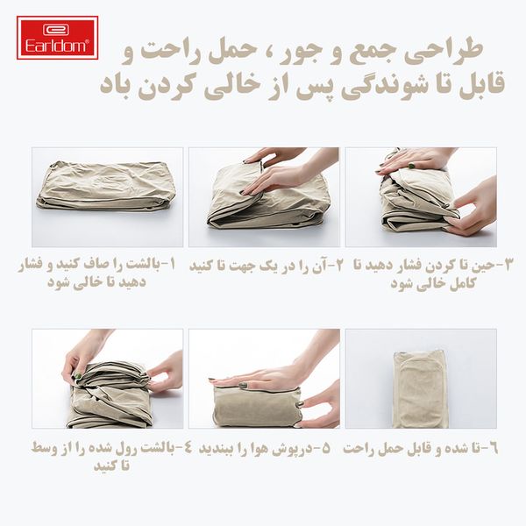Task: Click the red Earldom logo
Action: click(57, 38)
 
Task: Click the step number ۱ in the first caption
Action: click(172, 265)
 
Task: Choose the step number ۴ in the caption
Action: click(187, 448)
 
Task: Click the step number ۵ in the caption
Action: click(326, 449)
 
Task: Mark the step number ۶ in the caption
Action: click(494, 449)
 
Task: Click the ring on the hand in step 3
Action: click(411, 166)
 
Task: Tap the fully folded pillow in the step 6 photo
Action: click(421, 389)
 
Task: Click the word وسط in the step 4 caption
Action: click(45, 448)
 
